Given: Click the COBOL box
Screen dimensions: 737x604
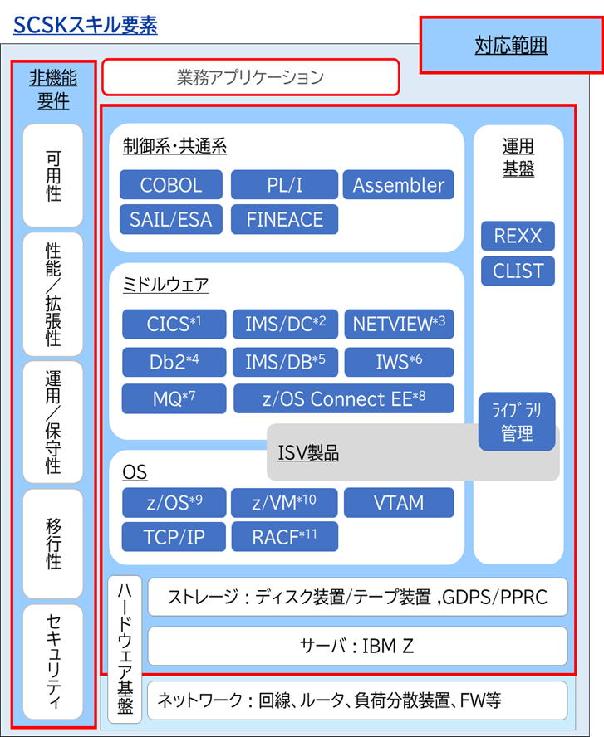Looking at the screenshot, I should (171, 185).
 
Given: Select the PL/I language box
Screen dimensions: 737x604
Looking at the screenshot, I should (284, 185).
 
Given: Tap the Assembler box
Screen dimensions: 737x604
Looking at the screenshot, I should (399, 185).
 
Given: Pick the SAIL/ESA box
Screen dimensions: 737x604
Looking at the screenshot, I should (171, 219).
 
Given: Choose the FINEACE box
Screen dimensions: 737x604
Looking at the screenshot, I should (284, 219).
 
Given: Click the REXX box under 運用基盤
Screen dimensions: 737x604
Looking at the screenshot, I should (518, 236).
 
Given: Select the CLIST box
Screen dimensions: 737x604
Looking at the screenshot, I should (518, 271).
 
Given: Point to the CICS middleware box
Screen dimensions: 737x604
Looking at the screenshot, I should (174, 325).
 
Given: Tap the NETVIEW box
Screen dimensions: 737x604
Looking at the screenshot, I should (399, 325).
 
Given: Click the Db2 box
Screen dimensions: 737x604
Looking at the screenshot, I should (174, 362).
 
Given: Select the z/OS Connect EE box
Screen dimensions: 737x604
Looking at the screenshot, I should (344, 398).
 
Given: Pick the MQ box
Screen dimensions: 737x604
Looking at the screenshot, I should (174, 398).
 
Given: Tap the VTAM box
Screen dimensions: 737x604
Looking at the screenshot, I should (399, 502).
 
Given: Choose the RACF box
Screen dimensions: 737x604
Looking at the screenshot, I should (284, 537).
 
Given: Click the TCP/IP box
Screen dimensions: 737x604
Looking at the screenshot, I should (174, 537).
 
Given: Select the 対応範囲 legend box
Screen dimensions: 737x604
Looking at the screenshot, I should (511, 45).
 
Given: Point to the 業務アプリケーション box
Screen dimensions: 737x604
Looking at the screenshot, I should (250, 77).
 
